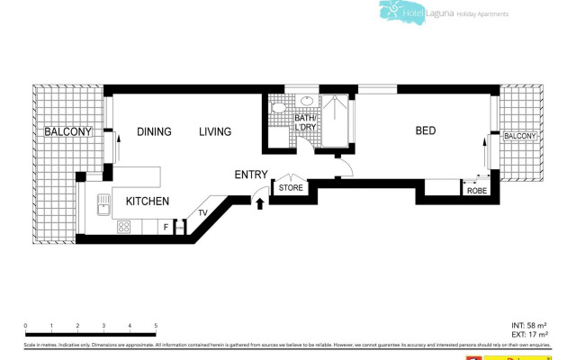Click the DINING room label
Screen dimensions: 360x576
[x=154, y=131]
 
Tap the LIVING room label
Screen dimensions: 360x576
[x=215, y=131]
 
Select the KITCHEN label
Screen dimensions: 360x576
[x=147, y=202]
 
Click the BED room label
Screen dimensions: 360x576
[x=425, y=131]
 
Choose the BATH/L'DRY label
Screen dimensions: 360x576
[x=305, y=123]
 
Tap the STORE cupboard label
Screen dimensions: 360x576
[x=291, y=188]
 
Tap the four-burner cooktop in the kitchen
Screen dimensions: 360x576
[x=122, y=228]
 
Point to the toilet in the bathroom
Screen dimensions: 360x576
[x=278, y=110]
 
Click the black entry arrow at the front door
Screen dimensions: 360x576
[x=261, y=204]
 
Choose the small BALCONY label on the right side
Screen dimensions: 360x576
[x=519, y=136]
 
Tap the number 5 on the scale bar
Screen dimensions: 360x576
[x=156, y=326]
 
